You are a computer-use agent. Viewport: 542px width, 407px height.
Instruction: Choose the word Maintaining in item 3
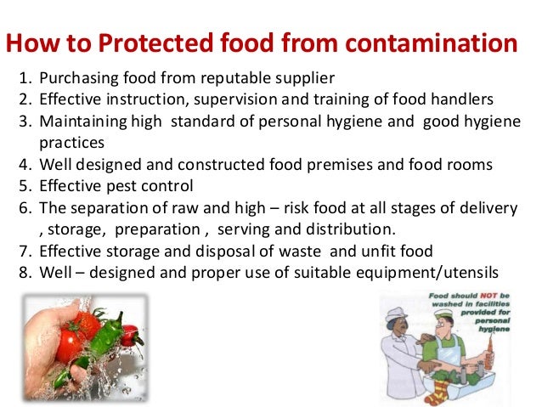tap(82, 121)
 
